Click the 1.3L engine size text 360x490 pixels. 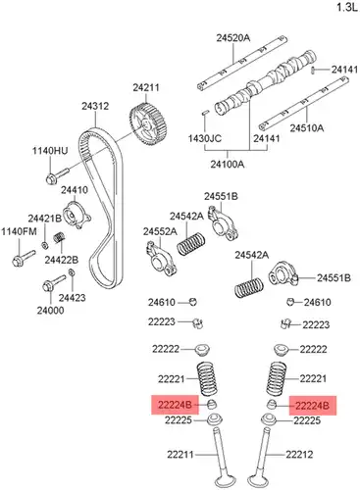pyautogui.click(x=347, y=7)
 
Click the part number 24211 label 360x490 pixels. pyautogui.click(x=146, y=87)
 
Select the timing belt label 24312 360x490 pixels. pyautogui.click(x=95, y=106)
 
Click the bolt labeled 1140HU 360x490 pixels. pyautogui.click(x=57, y=175)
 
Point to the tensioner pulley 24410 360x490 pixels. pyautogui.click(x=76, y=217)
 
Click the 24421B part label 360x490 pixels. pyautogui.click(x=45, y=219)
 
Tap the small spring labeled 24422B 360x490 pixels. pyautogui.click(x=59, y=237)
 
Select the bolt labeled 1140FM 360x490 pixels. pyautogui.click(x=24, y=258)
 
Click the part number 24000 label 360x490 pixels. pyautogui.click(x=50, y=310)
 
